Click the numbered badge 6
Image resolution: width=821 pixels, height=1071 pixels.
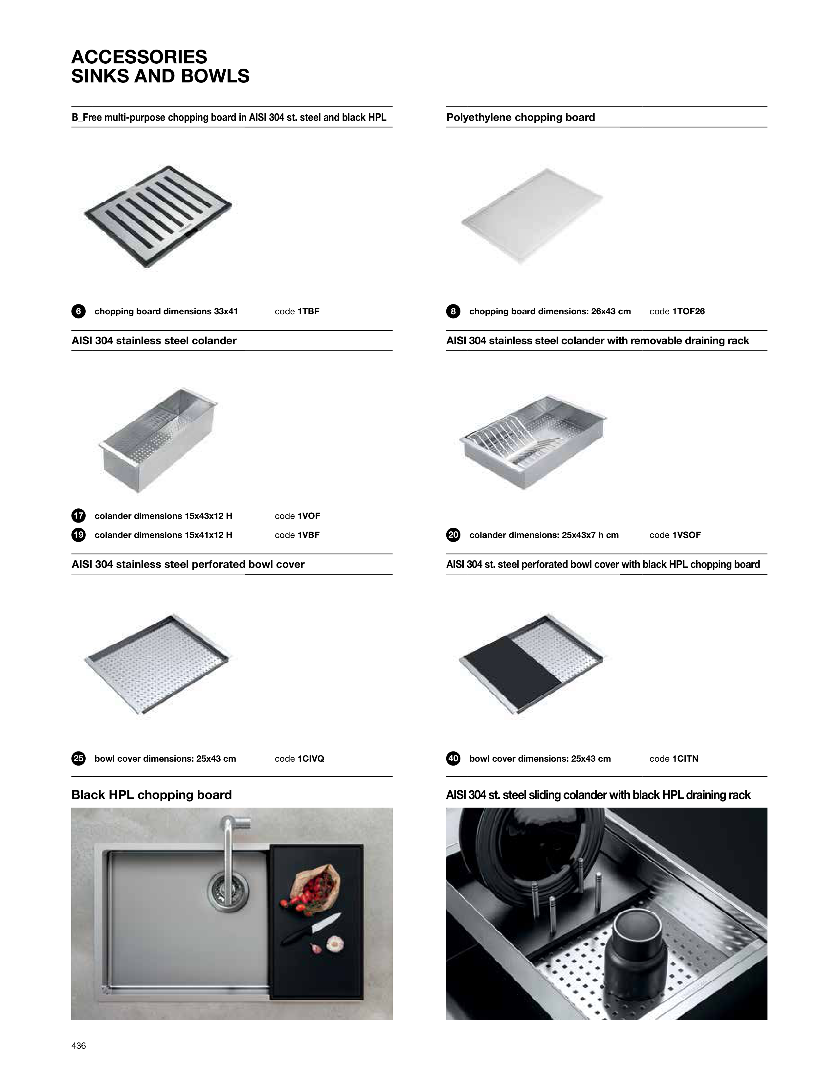78,311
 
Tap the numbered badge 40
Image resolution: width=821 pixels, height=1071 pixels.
453,758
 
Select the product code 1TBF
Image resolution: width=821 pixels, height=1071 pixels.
308,311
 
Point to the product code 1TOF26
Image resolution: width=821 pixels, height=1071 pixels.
689,311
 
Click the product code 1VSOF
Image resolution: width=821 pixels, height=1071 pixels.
687,535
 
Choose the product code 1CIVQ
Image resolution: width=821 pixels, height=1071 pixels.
311,758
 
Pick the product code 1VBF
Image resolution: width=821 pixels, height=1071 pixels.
308,535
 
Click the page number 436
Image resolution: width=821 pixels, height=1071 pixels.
79,1046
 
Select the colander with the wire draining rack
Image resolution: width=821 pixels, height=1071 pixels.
533,442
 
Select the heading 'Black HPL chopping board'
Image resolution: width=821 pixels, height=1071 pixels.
151,795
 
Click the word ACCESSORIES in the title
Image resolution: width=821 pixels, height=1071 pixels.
139,57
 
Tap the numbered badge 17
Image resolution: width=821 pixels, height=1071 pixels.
78,516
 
